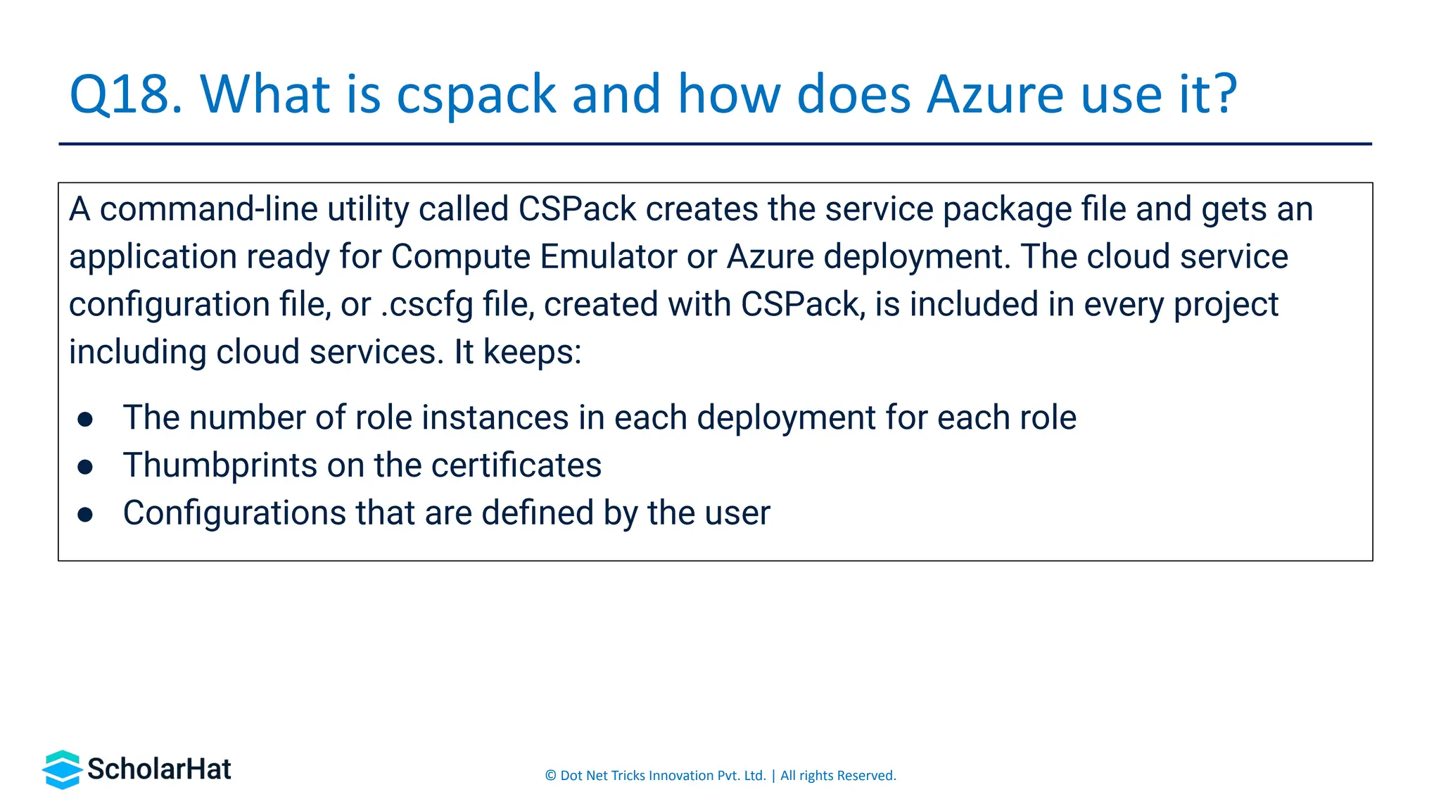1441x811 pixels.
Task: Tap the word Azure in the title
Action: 995,94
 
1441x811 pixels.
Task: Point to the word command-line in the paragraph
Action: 208,209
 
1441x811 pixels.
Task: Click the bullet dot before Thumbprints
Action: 85,467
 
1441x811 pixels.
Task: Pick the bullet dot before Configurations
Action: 85,515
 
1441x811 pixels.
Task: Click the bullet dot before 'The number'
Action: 85,420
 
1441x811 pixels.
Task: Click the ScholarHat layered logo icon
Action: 62,769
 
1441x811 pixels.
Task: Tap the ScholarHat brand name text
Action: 159,769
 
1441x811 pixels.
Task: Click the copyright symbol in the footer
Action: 550,776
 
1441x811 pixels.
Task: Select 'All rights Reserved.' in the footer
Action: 837,776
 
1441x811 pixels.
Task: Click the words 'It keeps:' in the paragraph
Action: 517,352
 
